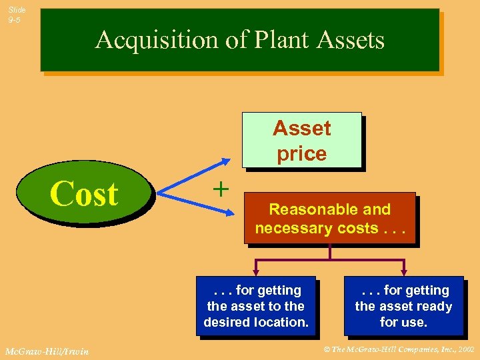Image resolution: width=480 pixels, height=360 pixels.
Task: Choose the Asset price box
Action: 301,140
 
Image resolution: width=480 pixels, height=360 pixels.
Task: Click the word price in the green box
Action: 302,153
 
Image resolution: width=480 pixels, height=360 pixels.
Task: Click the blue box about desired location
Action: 256,306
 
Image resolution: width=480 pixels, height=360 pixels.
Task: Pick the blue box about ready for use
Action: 403,306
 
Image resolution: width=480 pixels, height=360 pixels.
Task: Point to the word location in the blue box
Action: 282,322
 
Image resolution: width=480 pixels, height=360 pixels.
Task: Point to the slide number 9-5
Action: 15,21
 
